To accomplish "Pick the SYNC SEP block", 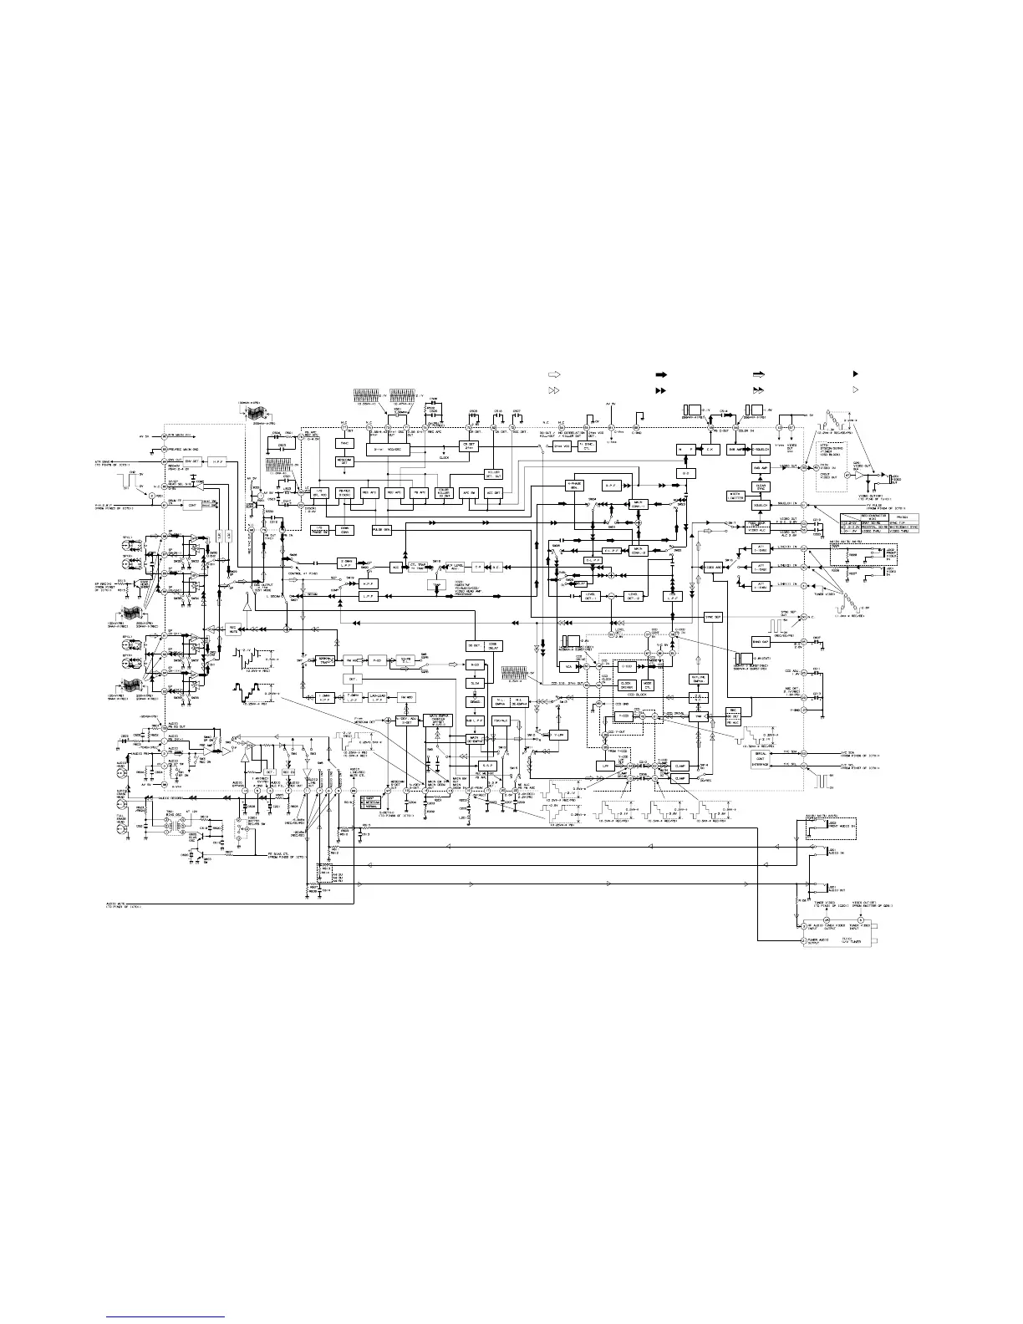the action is click(x=713, y=617).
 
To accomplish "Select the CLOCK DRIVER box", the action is click(x=626, y=685).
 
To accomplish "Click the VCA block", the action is click(x=568, y=667).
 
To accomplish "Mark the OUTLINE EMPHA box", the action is click(x=700, y=678).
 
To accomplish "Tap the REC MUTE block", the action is click(x=232, y=628).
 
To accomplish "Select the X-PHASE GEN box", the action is click(x=575, y=486).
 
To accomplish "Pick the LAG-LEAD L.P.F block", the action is click(x=377, y=697).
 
